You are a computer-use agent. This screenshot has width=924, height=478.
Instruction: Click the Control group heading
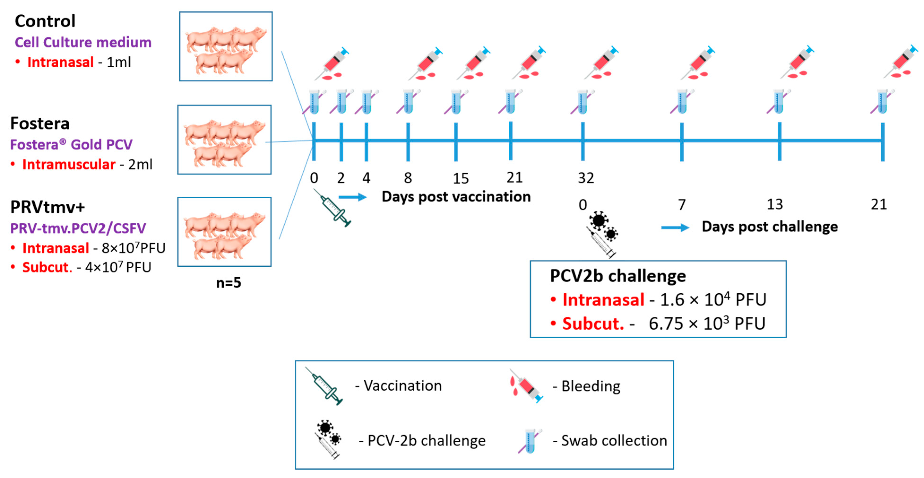45,21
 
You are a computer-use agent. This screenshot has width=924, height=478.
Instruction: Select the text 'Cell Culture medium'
83,42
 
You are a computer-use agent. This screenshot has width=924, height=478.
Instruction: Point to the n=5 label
228,283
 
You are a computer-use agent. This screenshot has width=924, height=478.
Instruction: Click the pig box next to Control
226,46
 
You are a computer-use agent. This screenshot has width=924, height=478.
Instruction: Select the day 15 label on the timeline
460,178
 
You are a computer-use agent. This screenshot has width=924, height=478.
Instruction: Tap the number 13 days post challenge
774,204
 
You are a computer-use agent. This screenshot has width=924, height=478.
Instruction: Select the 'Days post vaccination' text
456,197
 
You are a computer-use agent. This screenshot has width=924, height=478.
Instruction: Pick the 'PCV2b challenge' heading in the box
618,276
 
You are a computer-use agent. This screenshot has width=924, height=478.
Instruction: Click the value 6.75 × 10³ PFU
707,323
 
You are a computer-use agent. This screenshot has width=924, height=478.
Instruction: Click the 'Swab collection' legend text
613,440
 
